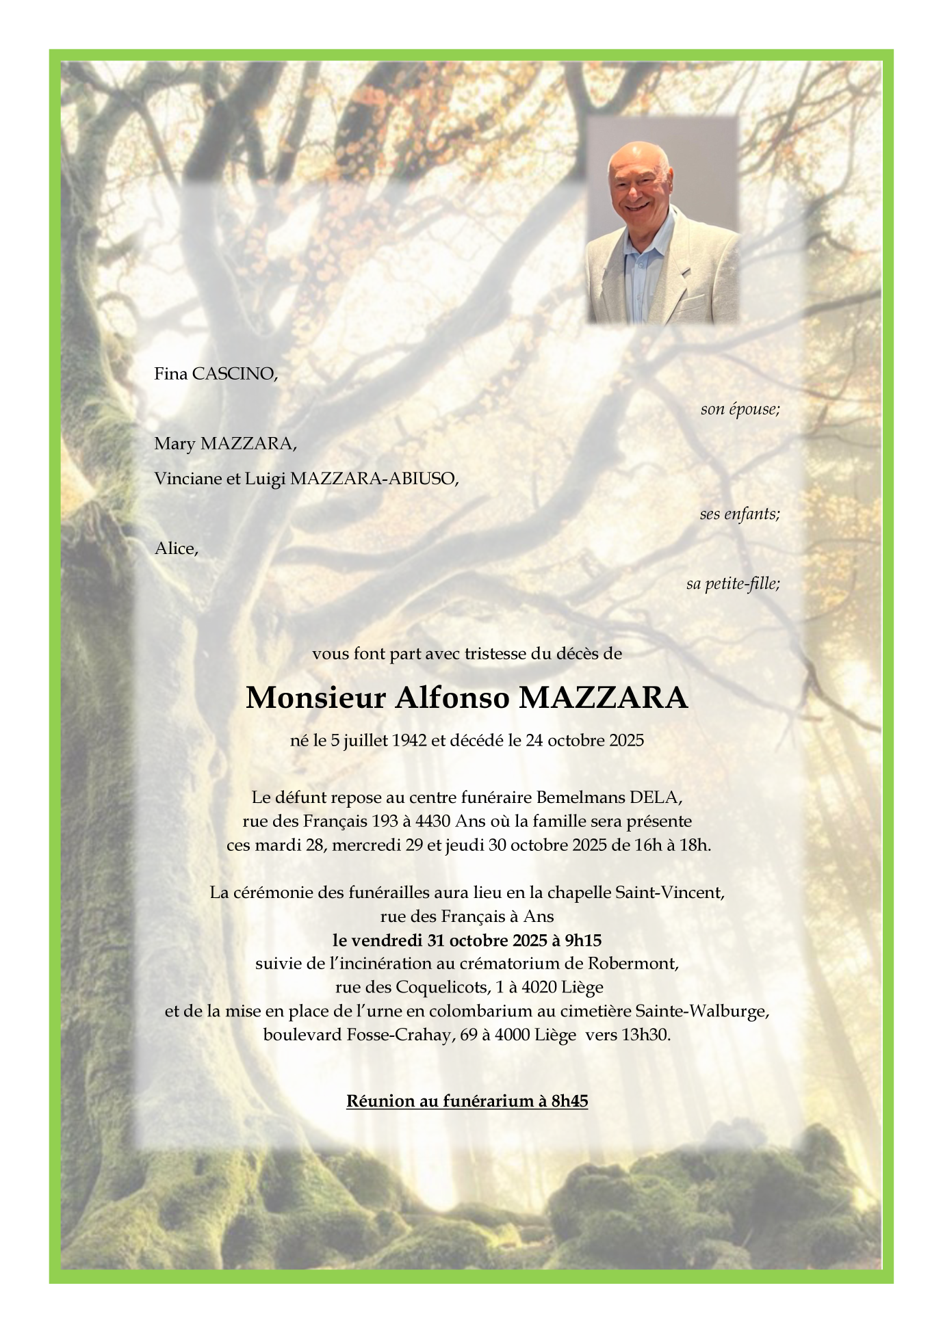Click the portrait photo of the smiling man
tap(662, 220)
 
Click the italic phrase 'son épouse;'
tap(740, 409)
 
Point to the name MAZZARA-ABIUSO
tap(374, 479)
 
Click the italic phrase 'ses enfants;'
tap(739, 514)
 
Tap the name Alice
tap(176, 549)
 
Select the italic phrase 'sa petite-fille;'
tap(733, 583)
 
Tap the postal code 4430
tap(432, 821)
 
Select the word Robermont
tap(632, 964)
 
